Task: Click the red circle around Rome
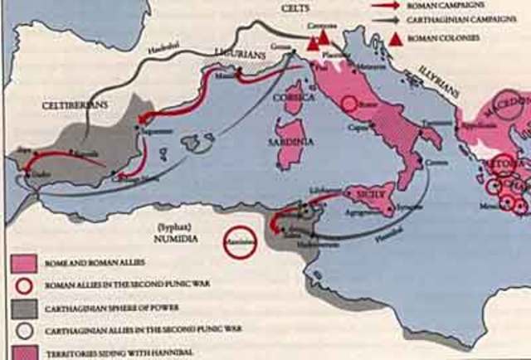[x=349, y=104]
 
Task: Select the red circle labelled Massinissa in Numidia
[x=240, y=244]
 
